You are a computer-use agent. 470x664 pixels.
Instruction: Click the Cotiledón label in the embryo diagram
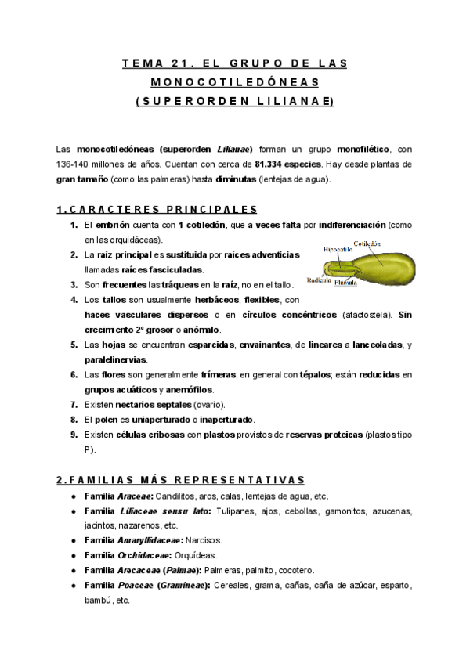click(367, 244)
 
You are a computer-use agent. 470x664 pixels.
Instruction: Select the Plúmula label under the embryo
click(345, 283)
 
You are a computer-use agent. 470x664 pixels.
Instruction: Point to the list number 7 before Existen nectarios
click(74, 404)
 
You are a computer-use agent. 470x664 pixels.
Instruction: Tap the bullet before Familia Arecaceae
click(73, 570)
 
